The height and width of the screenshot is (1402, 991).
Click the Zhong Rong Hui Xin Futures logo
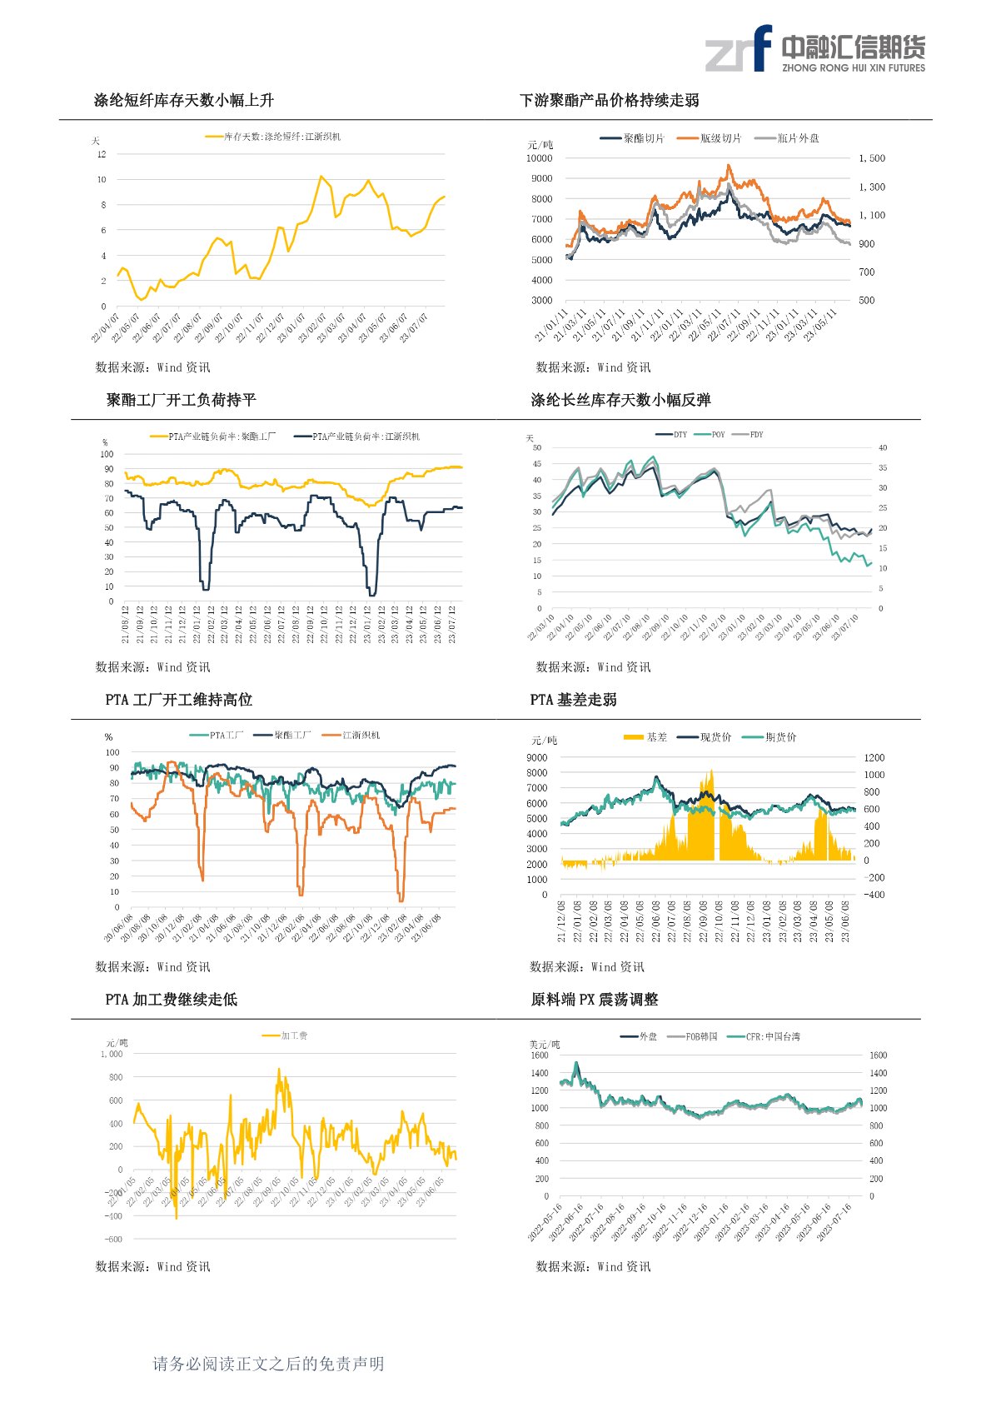pos(814,49)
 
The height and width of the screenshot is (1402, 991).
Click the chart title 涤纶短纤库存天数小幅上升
pos(183,101)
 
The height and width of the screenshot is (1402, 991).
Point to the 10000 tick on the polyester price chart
pos(539,158)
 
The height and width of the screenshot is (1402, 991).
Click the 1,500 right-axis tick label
pos(872,158)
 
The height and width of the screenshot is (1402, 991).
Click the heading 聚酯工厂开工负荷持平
pos(181,401)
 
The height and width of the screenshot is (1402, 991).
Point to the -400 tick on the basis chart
pos(872,895)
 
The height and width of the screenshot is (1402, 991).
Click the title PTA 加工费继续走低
pos(172,1000)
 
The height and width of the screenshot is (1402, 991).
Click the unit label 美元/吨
pos(545,1045)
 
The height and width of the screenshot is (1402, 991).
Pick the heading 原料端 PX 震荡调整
pos(594,1000)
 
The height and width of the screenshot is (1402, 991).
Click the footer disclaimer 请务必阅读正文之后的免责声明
pos(268,1364)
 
